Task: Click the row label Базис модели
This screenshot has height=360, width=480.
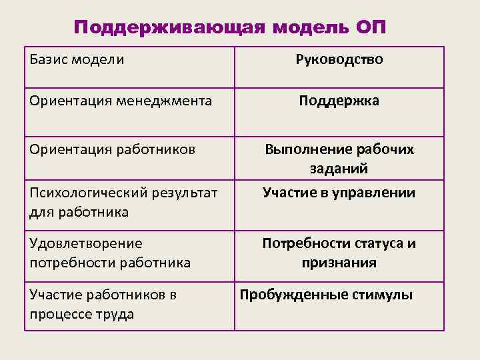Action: pyautogui.click(x=77, y=59)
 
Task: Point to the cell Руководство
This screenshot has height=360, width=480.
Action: pyautogui.click(x=339, y=59)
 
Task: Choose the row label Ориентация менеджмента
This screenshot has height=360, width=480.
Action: pyautogui.click(x=121, y=101)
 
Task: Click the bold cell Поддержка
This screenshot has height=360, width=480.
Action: pyautogui.click(x=339, y=101)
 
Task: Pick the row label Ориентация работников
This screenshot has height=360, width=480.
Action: pyautogui.click(x=112, y=149)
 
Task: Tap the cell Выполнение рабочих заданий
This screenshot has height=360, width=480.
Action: pyautogui.click(x=339, y=159)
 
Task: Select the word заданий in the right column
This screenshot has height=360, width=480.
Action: pyautogui.click(x=339, y=169)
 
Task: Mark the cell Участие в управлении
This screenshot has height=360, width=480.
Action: pyautogui.click(x=339, y=193)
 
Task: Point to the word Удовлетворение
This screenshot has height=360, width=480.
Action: pyautogui.click(x=86, y=244)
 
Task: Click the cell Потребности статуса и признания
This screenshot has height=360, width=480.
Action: pyautogui.click(x=339, y=253)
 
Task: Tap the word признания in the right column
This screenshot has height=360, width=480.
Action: pyautogui.click(x=339, y=263)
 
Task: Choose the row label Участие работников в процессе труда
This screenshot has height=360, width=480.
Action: pyautogui.click(x=103, y=304)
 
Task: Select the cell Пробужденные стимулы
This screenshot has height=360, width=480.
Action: pyautogui.click(x=326, y=294)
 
